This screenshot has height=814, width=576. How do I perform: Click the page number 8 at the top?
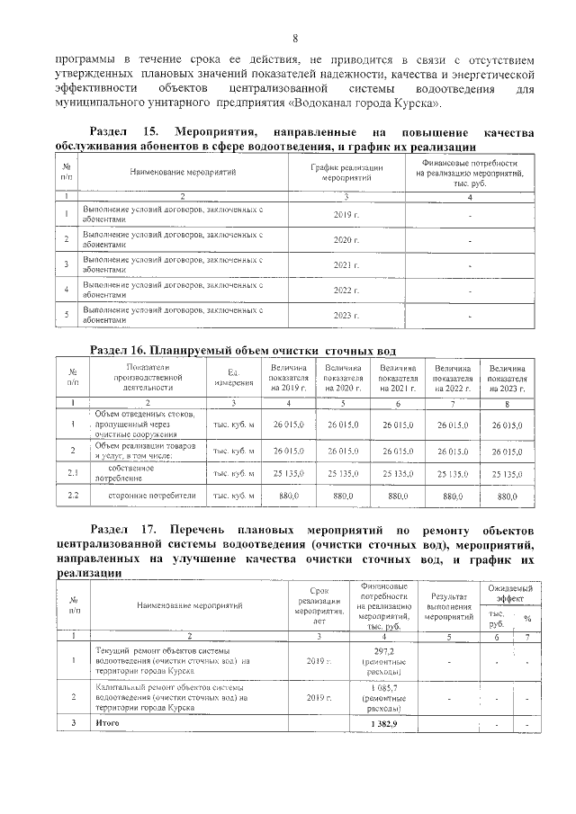(294, 37)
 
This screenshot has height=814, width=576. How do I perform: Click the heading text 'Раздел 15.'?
(129, 132)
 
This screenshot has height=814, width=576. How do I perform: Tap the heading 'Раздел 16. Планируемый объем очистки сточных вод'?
(243, 349)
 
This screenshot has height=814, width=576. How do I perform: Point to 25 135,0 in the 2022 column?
(453, 471)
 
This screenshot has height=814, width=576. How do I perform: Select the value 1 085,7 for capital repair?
(384, 688)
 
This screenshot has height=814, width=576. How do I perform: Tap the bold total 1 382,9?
(384, 723)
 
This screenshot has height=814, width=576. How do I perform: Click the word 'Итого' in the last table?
(107, 723)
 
